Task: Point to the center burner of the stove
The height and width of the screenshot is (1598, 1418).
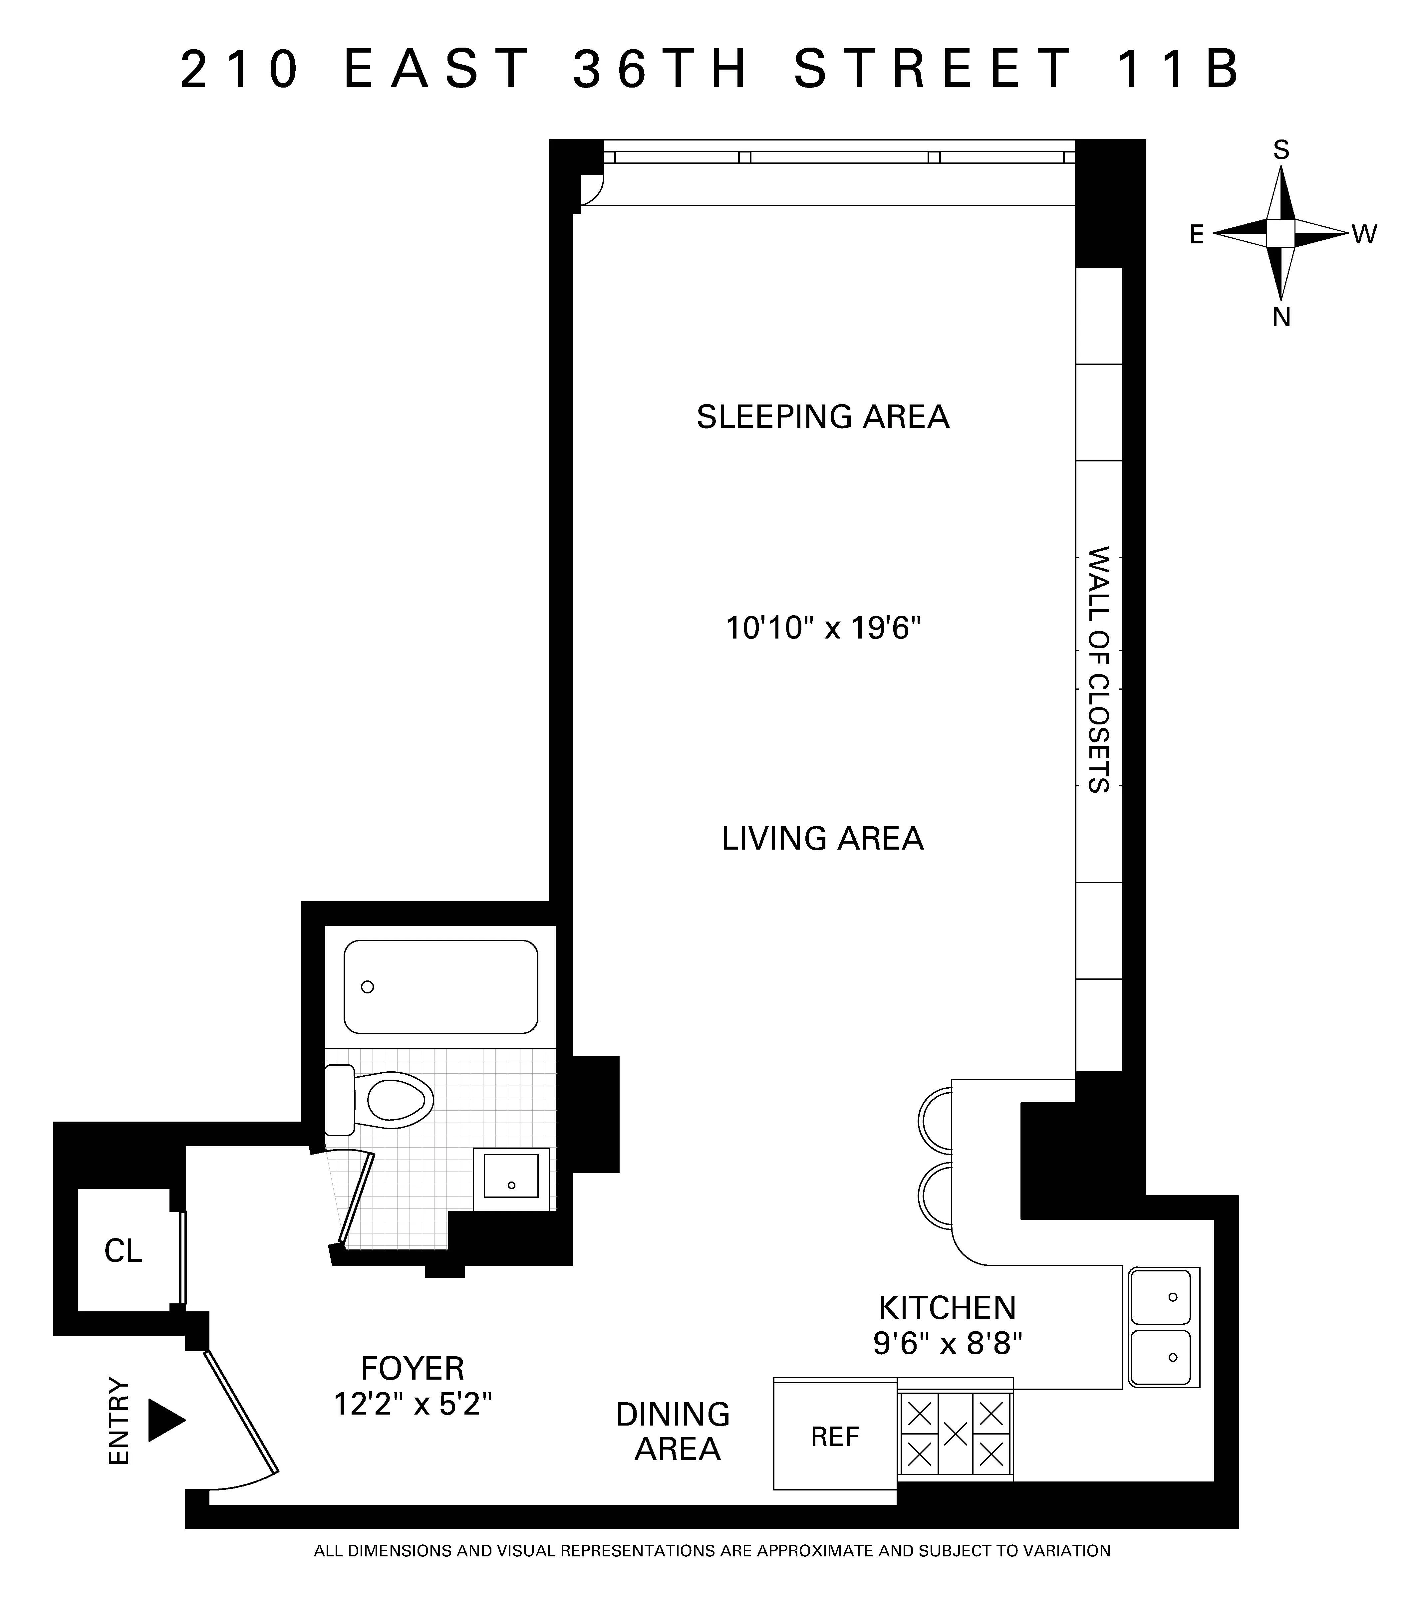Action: (955, 1434)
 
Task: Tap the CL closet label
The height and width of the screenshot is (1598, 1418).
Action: (124, 1252)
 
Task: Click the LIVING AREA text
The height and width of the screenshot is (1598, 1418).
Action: (822, 839)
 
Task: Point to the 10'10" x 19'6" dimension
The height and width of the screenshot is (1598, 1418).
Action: (823, 628)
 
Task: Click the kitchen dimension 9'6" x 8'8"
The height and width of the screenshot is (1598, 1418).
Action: (948, 1343)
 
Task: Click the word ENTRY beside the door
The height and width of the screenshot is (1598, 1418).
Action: (119, 1421)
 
